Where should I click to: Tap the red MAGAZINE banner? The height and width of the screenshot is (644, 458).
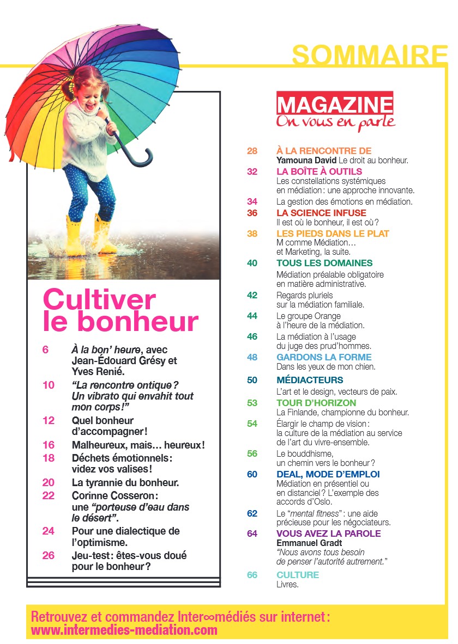(x=335, y=104)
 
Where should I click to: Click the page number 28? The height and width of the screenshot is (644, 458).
(x=252, y=151)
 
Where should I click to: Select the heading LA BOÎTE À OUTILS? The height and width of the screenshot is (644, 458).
(x=319, y=171)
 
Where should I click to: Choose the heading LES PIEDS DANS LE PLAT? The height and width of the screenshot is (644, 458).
(x=333, y=234)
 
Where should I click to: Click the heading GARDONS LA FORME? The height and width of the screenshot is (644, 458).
(x=324, y=357)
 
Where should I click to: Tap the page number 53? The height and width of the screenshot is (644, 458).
(x=252, y=403)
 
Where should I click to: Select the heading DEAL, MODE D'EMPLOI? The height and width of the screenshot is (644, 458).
(x=328, y=474)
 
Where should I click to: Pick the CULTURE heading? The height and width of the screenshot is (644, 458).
(x=298, y=575)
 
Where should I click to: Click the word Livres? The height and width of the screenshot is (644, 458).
(x=288, y=585)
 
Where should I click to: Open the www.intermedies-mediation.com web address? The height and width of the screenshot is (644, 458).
(x=124, y=630)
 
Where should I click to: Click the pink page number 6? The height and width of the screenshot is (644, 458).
(x=45, y=350)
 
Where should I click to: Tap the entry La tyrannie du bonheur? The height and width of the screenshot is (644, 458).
(x=125, y=482)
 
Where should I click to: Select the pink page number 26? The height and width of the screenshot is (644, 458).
(x=49, y=555)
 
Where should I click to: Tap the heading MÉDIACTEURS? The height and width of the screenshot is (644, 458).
(x=310, y=380)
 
